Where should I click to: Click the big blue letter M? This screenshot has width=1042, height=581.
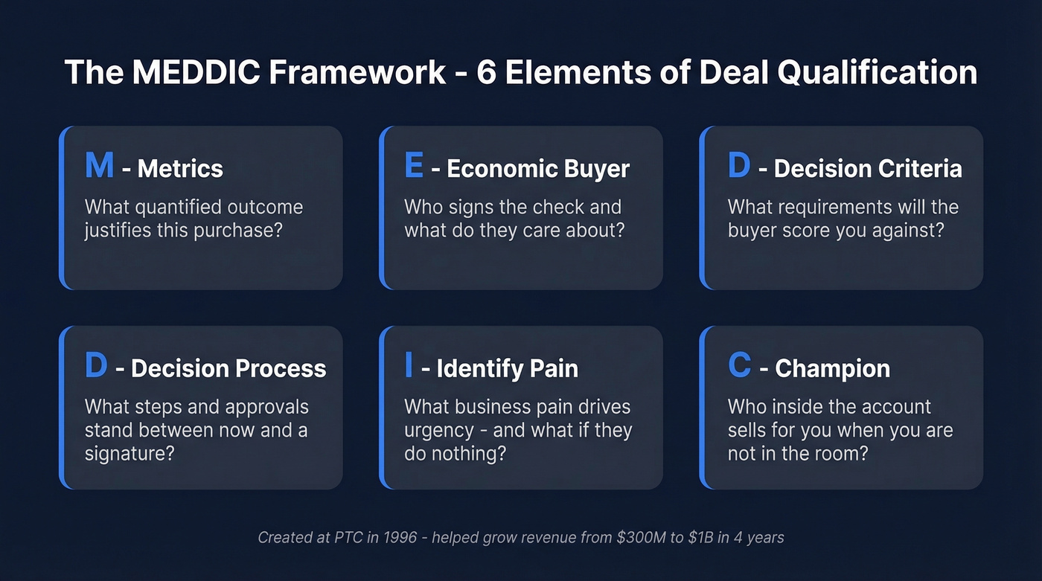[x=99, y=165]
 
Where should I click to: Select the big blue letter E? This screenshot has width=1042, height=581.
[x=414, y=165]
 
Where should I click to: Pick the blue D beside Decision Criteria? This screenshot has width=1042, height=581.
[x=738, y=165]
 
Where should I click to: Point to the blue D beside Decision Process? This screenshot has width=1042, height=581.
[x=96, y=365]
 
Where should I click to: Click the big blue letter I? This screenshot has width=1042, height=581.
[x=409, y=365]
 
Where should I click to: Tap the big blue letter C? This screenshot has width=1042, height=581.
[x=739, y=365]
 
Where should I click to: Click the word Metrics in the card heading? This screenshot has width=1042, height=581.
[x=180, y=169]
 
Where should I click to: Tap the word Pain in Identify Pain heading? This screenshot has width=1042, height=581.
[x=551, y=368]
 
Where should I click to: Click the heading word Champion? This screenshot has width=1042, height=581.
[x=832, y=368]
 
